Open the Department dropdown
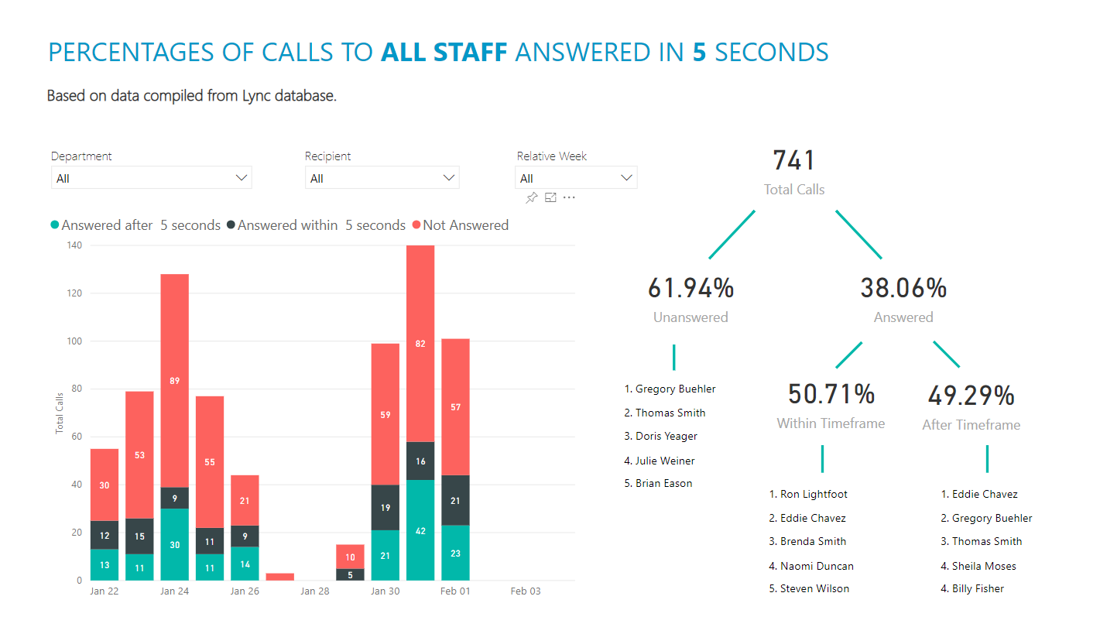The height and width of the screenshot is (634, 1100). [151, 178]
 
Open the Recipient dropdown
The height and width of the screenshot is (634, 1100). [382, 178]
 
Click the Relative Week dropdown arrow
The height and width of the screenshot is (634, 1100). [626, 178]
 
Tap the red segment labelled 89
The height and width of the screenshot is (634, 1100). [175, 380]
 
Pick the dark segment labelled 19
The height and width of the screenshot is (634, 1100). [386, 508]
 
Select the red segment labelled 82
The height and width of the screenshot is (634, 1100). [420, 344]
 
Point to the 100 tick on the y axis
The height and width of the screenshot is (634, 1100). [73, 341]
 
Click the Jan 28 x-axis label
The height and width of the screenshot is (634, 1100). [315, 591]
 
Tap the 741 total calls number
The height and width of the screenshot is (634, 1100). [793, 161]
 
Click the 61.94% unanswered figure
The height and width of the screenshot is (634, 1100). [690, 288]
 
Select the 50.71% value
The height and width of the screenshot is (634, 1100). [831, 394]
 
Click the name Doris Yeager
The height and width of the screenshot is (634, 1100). [666, 436]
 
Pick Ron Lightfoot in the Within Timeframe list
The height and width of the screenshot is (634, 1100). [813, 494]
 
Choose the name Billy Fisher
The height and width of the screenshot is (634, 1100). [978, 588]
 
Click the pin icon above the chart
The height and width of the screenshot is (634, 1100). [531, 198]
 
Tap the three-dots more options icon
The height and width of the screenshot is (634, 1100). [569, 198]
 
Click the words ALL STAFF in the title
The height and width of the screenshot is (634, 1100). [444, 53]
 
